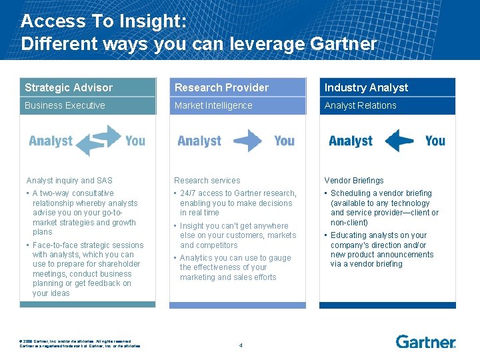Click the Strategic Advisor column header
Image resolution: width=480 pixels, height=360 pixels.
pyautogui.click(x=69, y=87)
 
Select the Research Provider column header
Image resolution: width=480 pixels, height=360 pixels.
pyautogui.click(x=221, y=87)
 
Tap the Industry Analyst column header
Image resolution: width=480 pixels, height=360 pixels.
pyautogui.click(x=366, y=87)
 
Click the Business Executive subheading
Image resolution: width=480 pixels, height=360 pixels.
pyautogui.click(x=65, y=105)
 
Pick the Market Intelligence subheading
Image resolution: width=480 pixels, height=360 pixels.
pyautogui.click(x=213, y=105)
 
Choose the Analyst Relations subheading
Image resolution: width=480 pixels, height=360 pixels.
pyautogui.click(x=360, y=105)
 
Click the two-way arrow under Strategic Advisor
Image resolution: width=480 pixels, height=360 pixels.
pyautogui.click(x=98, y=141)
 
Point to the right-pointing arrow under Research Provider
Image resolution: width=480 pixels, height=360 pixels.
pyautogui.click(x=247, y=141)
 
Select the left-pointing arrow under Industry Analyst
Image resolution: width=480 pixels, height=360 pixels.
pyautogui.click(x=399, y=141)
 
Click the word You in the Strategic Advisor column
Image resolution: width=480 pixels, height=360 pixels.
pyautogui.click(x=135, y=141)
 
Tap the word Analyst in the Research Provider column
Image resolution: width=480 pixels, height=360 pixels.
pyautogui.click(x=199, y=141)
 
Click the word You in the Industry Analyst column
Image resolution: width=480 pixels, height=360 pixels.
pyautogui.click(x=435, y=141)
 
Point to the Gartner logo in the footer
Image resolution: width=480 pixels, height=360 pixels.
pyautogui.click(x=425, y=342)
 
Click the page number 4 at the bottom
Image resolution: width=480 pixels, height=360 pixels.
pyautogui.click(x=241, y=345)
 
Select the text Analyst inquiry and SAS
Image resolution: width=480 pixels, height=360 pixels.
pyautogui.click(x=69, y=181)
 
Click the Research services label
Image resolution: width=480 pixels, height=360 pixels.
pyautogui.click(x=207, y=181)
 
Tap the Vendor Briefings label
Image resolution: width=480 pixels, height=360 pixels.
pyautogui.click(x=354, y=181)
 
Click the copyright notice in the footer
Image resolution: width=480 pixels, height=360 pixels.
pyautogui.click(x=80, y=343)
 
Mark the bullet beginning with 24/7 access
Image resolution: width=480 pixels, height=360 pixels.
pyautogui.click(x=237, y=203)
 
